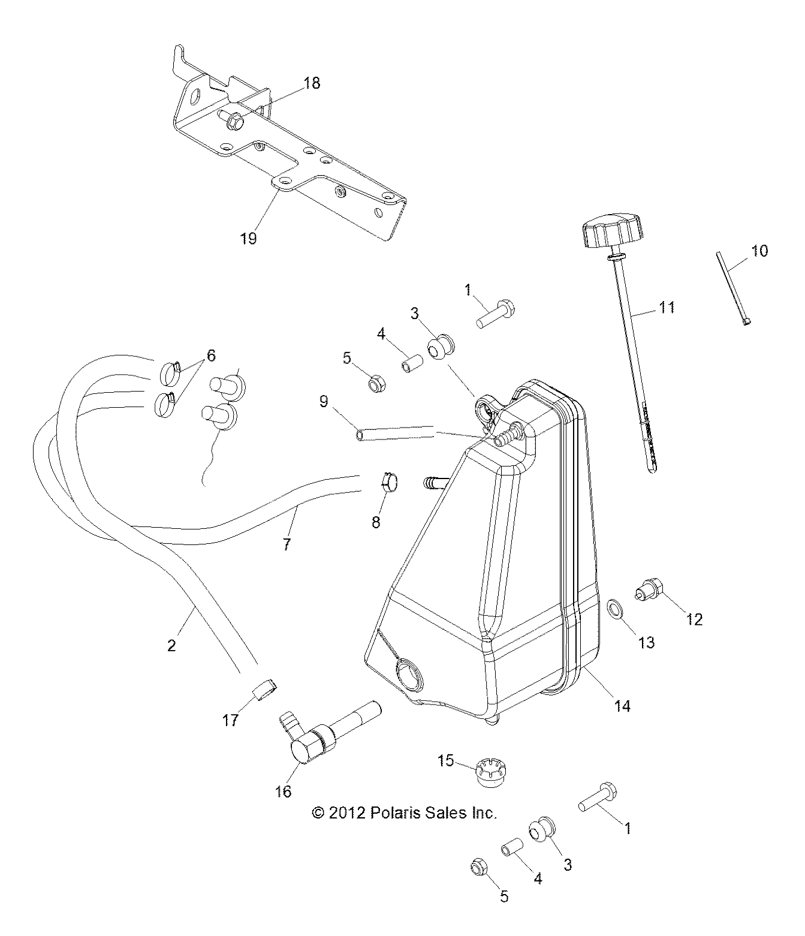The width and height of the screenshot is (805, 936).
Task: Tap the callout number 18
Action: [x=312, y=83]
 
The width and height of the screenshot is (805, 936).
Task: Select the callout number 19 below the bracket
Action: [x=248, y=238]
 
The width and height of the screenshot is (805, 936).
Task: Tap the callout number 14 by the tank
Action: [x=622, y=706]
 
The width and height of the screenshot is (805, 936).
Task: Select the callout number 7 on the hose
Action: [x=287, y=544]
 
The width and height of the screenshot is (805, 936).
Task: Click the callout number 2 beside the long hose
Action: [x=171, y=645]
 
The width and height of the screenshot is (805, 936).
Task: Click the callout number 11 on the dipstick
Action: [x=666, y=308]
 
